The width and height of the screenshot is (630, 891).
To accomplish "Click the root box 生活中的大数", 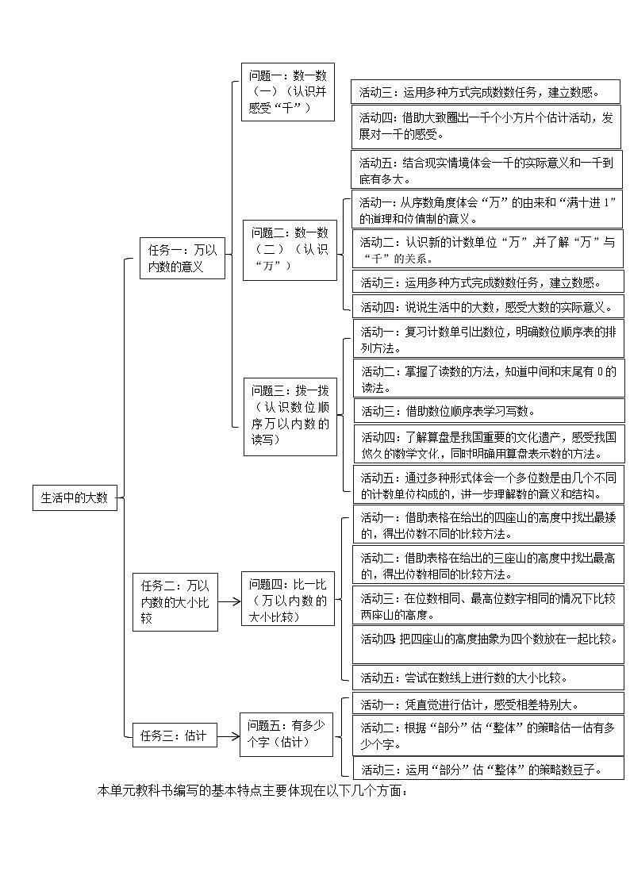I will pyautogui.click(x=75, y=497).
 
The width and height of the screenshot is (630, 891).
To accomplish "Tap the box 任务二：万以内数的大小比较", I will pyautogui.click(x=175, y=601).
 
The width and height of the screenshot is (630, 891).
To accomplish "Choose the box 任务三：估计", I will pyautogui.click(x=173, y=735).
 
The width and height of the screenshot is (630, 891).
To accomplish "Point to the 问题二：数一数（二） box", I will pyautogui.click(x=290, y=248).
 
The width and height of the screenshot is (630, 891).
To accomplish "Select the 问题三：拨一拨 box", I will pyautogui.click(x=290, y=416).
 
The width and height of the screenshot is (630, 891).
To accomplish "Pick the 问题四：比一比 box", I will pyautogui.click(x=287, y=601).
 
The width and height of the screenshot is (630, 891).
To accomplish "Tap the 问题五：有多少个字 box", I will pyautogui.click(x=286, y=734).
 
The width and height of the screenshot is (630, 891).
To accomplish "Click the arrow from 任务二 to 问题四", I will pyautogui.click(x=229, y=601).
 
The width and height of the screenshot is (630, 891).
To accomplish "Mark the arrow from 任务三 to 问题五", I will pyautogui.click(x=228, y=735).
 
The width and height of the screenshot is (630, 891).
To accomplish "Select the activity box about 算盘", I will pyautogui.click(x=488, y=445).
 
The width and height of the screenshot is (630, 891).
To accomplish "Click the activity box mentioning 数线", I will pyautogui.click(x=488, y=677).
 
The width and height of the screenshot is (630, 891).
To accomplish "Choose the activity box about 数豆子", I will pyautogui.click(x=488, y=768).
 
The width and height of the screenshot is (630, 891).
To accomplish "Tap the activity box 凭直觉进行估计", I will pyautogui.click(x=488, y=704).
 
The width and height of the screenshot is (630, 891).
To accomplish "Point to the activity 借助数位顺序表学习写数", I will pyautogui.click(x=488, y=410).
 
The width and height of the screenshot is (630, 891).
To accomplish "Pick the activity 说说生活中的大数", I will pyautogui.click(x=488, y=306).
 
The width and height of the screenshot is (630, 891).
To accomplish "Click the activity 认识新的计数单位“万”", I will pyautogui.click(x=488, y=249).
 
